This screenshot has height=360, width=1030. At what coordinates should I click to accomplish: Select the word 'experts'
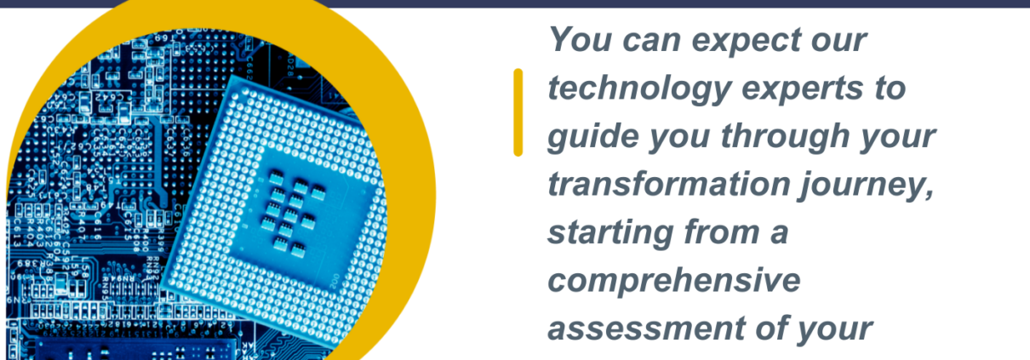(x=802, y=89)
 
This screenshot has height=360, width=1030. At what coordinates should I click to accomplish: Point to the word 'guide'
(x=593, y=136)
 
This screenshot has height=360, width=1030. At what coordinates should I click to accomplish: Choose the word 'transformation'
(x=668, y=184)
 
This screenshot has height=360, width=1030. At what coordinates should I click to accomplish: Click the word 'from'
(x=722, y=231)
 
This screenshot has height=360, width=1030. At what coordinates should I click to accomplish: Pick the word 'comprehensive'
(x=674, y=281)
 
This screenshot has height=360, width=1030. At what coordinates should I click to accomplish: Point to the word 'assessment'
(x=646, y=329)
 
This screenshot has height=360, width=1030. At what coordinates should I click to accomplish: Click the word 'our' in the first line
(x=839, y=42)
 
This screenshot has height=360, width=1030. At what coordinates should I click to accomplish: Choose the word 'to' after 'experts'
(x=889, y=89)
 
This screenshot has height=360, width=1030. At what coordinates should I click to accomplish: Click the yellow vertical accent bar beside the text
(x=518, y=112)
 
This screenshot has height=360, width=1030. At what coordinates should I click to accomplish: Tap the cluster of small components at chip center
(x=291, y=212)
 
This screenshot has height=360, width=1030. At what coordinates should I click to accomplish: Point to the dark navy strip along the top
(x=515, y=3)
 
